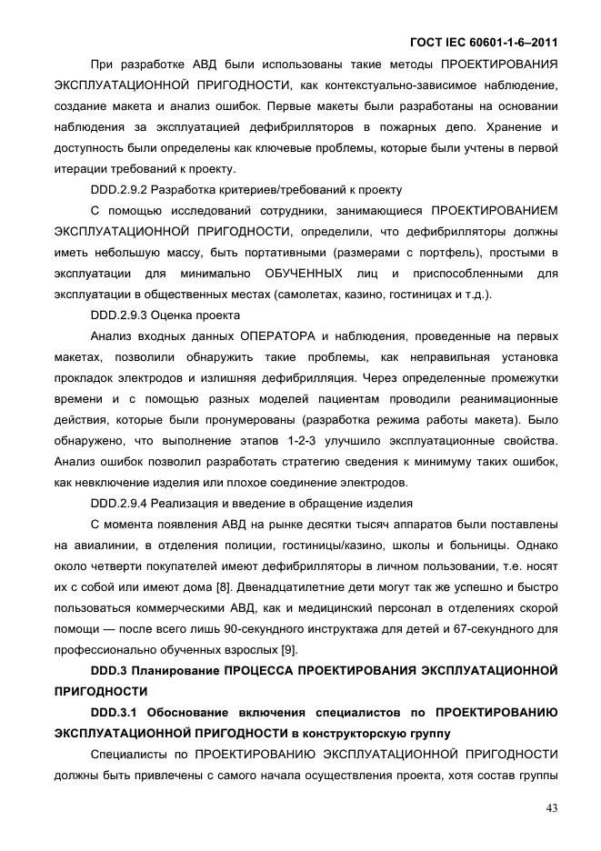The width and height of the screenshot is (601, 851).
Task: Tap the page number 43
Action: (551, 807)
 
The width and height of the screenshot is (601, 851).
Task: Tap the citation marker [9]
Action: (285, 649)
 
